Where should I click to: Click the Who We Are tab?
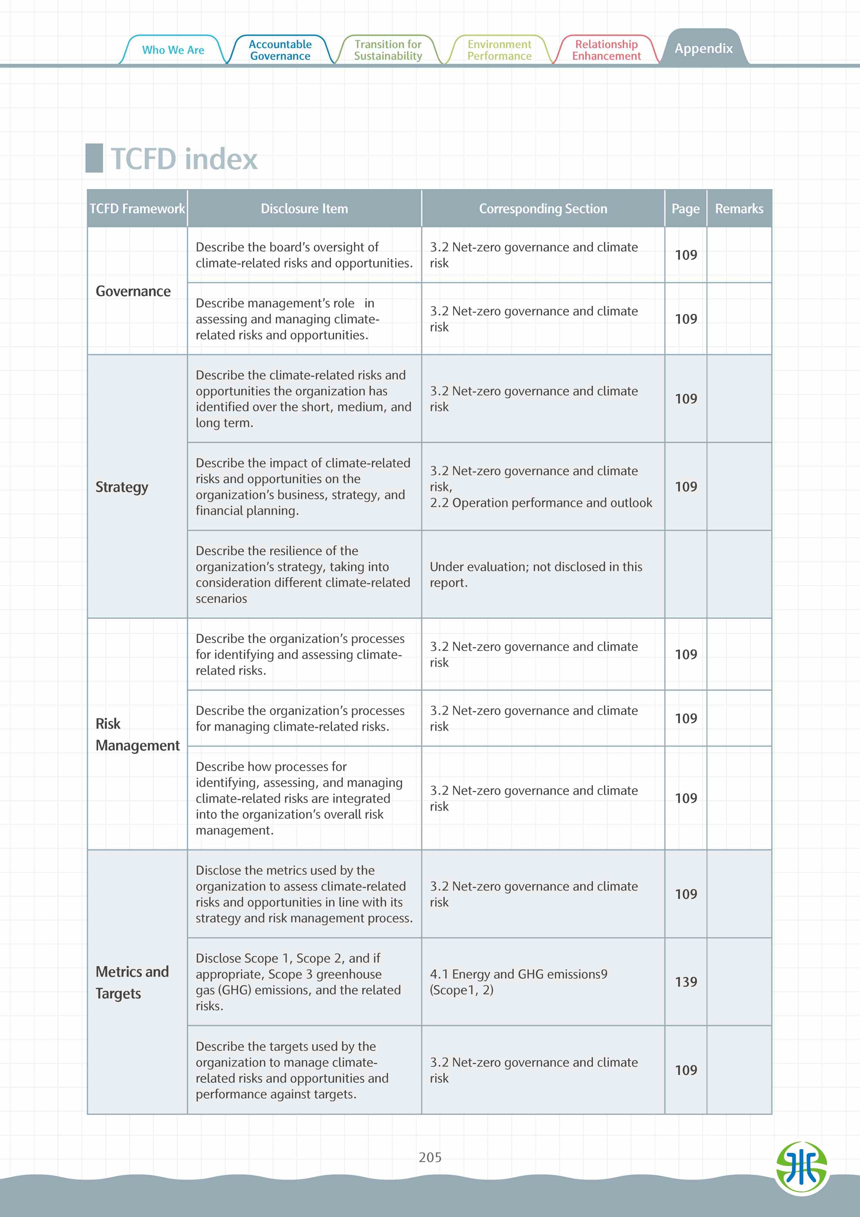173,50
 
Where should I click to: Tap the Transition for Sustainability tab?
388,50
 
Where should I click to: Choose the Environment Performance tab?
499,50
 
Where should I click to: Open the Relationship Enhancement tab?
606,50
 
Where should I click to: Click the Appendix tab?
703,48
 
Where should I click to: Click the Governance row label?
133,291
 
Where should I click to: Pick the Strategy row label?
122,487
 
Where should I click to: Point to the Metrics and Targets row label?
132,982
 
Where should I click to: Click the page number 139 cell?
686,982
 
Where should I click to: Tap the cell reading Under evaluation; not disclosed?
536,575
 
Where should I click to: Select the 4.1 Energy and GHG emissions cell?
518,982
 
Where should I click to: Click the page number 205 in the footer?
430,1157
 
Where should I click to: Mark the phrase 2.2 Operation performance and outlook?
541,502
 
